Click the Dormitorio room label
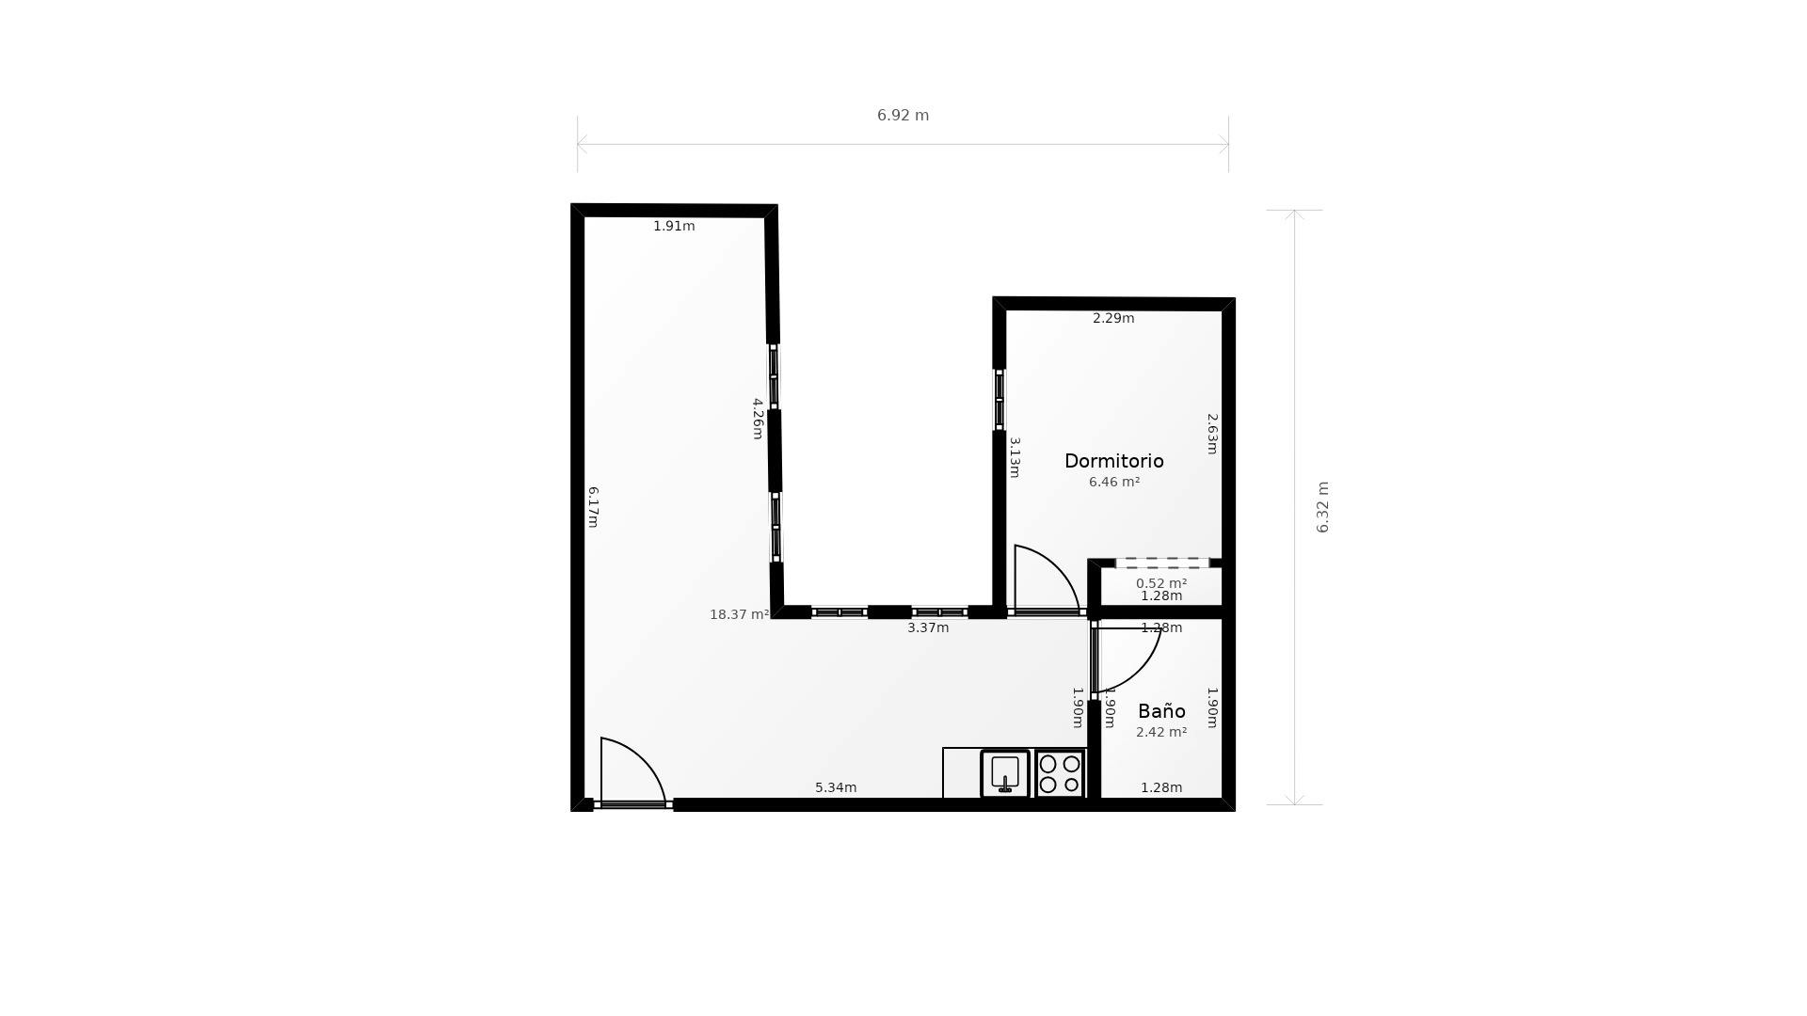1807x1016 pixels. click(x=1113, y=461)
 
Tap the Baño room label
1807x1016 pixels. click(x=1161, y=711)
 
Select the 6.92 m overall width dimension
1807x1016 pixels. click(x=903, y=116)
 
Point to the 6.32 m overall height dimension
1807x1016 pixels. click(x=1322, y=507)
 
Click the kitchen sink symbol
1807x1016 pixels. click(x=1005, y=773)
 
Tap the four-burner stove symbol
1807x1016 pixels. click(x=1060, y=773)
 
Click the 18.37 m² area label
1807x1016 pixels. click(x=740, y=614)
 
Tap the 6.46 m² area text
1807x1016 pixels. click(x=1114, y=482)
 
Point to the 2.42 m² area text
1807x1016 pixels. click(x=1161, y=732)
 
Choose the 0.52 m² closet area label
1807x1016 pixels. click(x=1161, y=583)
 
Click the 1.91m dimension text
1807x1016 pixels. click(x=674, y=226)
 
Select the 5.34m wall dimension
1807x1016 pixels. click(x=836, y=787)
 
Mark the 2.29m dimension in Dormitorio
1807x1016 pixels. click(x=1113, y=318)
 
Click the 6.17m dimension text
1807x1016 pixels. click(x=593, y=507)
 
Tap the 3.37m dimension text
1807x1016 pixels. click(x=928, y=627)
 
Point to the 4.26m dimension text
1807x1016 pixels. click(x=758, y=419)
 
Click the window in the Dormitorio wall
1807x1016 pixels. click(x=999, y=400)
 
